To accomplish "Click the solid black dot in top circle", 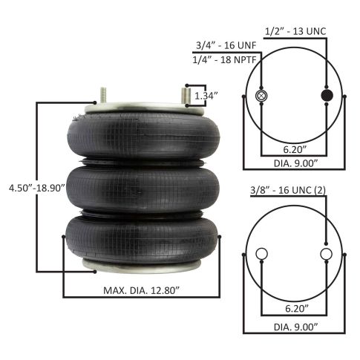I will pyautogui.click(x=325, y=97).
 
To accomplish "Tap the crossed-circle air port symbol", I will pyautogui.click(x=261, y=97).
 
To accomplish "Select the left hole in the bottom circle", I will pyautogui.click(x=261, y=255).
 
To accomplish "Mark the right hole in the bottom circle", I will pyautogui.click(x=325, y=255).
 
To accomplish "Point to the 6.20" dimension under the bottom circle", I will pyautogui.click(x=292, y=305).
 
